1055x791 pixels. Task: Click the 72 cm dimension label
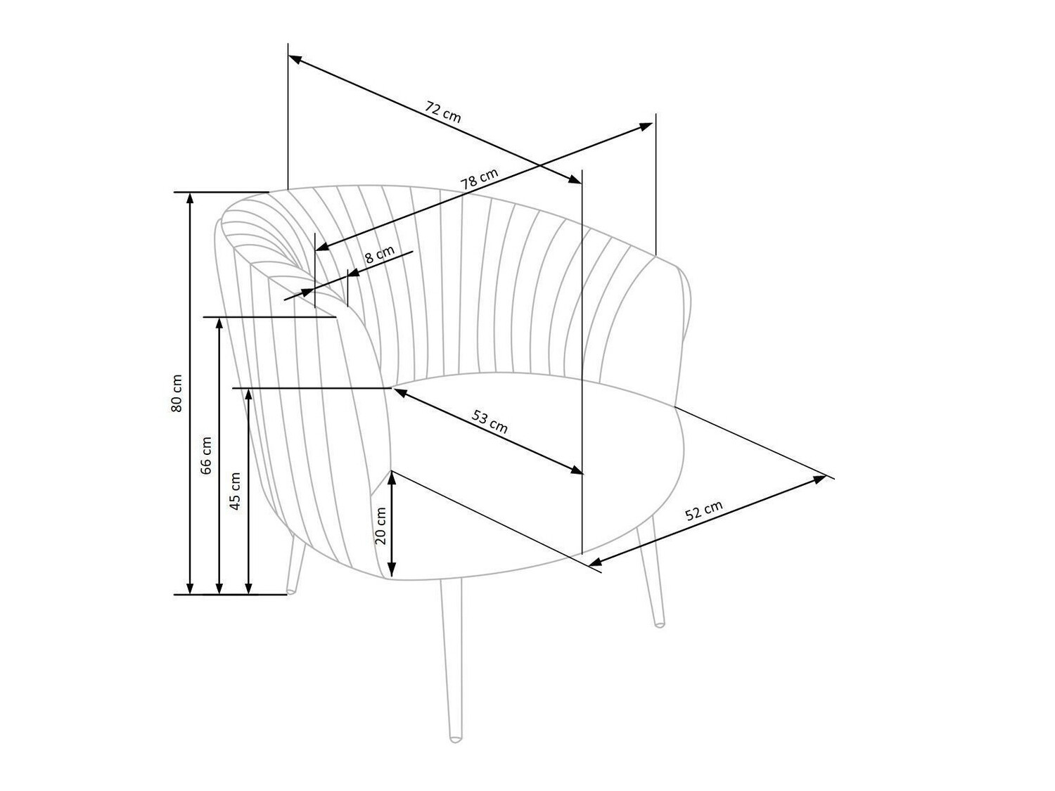(443, 112)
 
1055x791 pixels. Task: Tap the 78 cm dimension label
(479, 179)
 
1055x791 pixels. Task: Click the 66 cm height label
(206, 455)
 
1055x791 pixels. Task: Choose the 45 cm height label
(236, 490)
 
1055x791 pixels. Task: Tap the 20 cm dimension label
(381, 525)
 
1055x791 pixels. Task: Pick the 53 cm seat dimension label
(490, 422)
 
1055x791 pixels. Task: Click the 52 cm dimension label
(703, 510)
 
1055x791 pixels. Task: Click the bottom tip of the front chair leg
(456, 739)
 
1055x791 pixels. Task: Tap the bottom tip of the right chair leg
(659, 623)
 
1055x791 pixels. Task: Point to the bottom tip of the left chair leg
(291, 589)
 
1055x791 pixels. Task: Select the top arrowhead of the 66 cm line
(219, 322)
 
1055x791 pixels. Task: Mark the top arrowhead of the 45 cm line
(248, 392)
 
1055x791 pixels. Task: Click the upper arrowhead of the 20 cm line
(392, 475)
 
